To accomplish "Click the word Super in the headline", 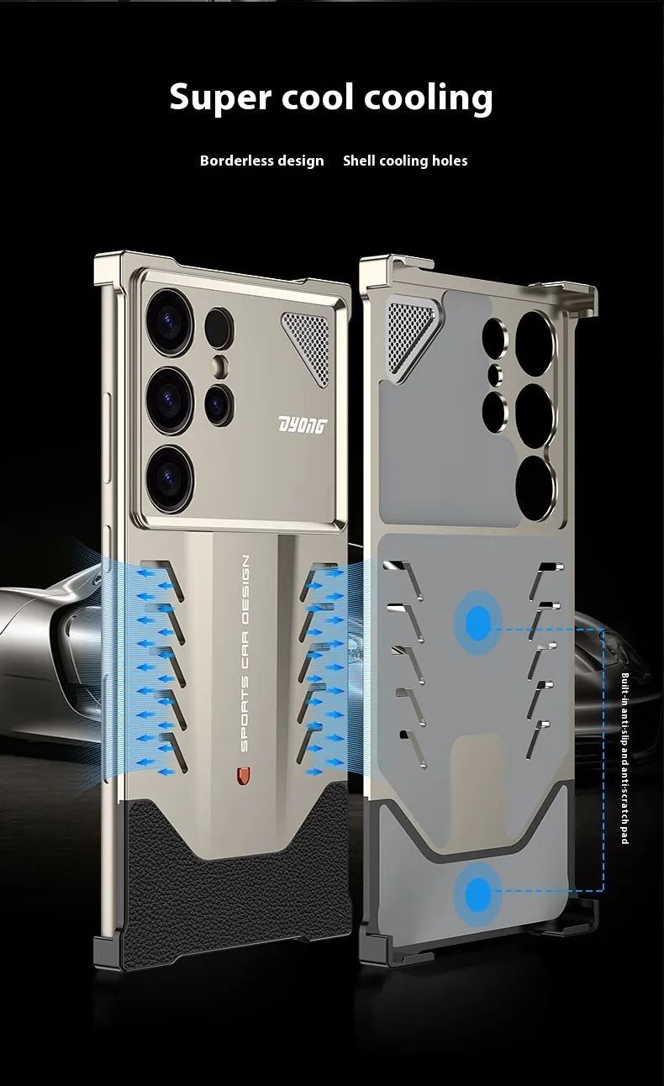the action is pos(220,97).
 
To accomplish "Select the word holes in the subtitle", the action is pos(450,161).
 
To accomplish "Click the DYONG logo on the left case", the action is pos(303,425).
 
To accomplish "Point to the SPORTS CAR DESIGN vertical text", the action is pos(245,654).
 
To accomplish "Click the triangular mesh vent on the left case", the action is pos(307,348).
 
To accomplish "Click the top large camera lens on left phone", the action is pos(171,322).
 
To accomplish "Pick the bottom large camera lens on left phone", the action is pos(170,477).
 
